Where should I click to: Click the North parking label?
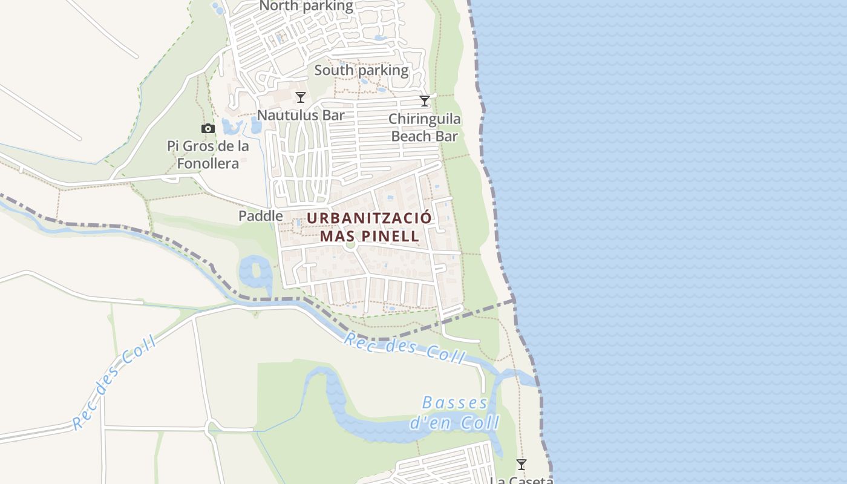(306, 6)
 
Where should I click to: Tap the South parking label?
(361, 70)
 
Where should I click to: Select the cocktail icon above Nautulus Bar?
(300, 97)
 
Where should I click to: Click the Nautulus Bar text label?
(301, 115)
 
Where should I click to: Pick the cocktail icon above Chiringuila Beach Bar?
(425, 100)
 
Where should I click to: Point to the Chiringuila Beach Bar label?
(424, 127)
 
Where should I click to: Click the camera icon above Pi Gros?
(208, 128)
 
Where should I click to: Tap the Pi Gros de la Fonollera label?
(208, 154)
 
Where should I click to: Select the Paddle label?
(260, 215)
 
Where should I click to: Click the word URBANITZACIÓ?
(369, 218)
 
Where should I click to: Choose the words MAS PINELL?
(369, 236)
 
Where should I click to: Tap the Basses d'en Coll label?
(455, 413)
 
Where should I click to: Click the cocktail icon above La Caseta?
(521, 465)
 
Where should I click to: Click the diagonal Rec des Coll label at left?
(114, 383)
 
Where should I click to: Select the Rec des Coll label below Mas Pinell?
(404, 347)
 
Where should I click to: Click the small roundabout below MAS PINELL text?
(349, 245)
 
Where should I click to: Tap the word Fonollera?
(208, 163)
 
